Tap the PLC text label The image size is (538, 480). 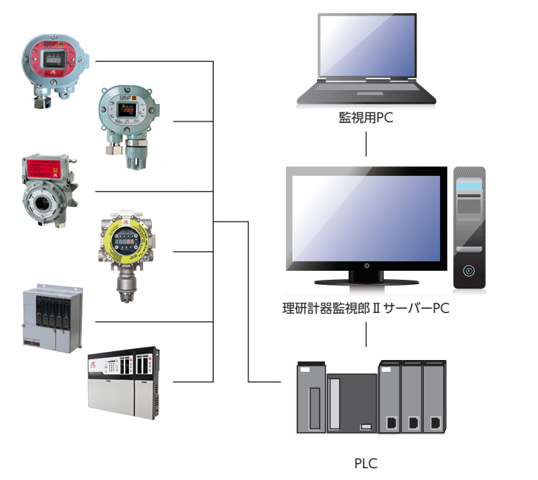point(366,464)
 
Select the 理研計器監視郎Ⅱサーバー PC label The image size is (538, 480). point(366,308)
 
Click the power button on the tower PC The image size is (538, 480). point(469,271)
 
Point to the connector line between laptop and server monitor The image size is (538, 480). point(366,144)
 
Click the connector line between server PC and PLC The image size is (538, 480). point(366,335)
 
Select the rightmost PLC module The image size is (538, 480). point(435,398)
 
